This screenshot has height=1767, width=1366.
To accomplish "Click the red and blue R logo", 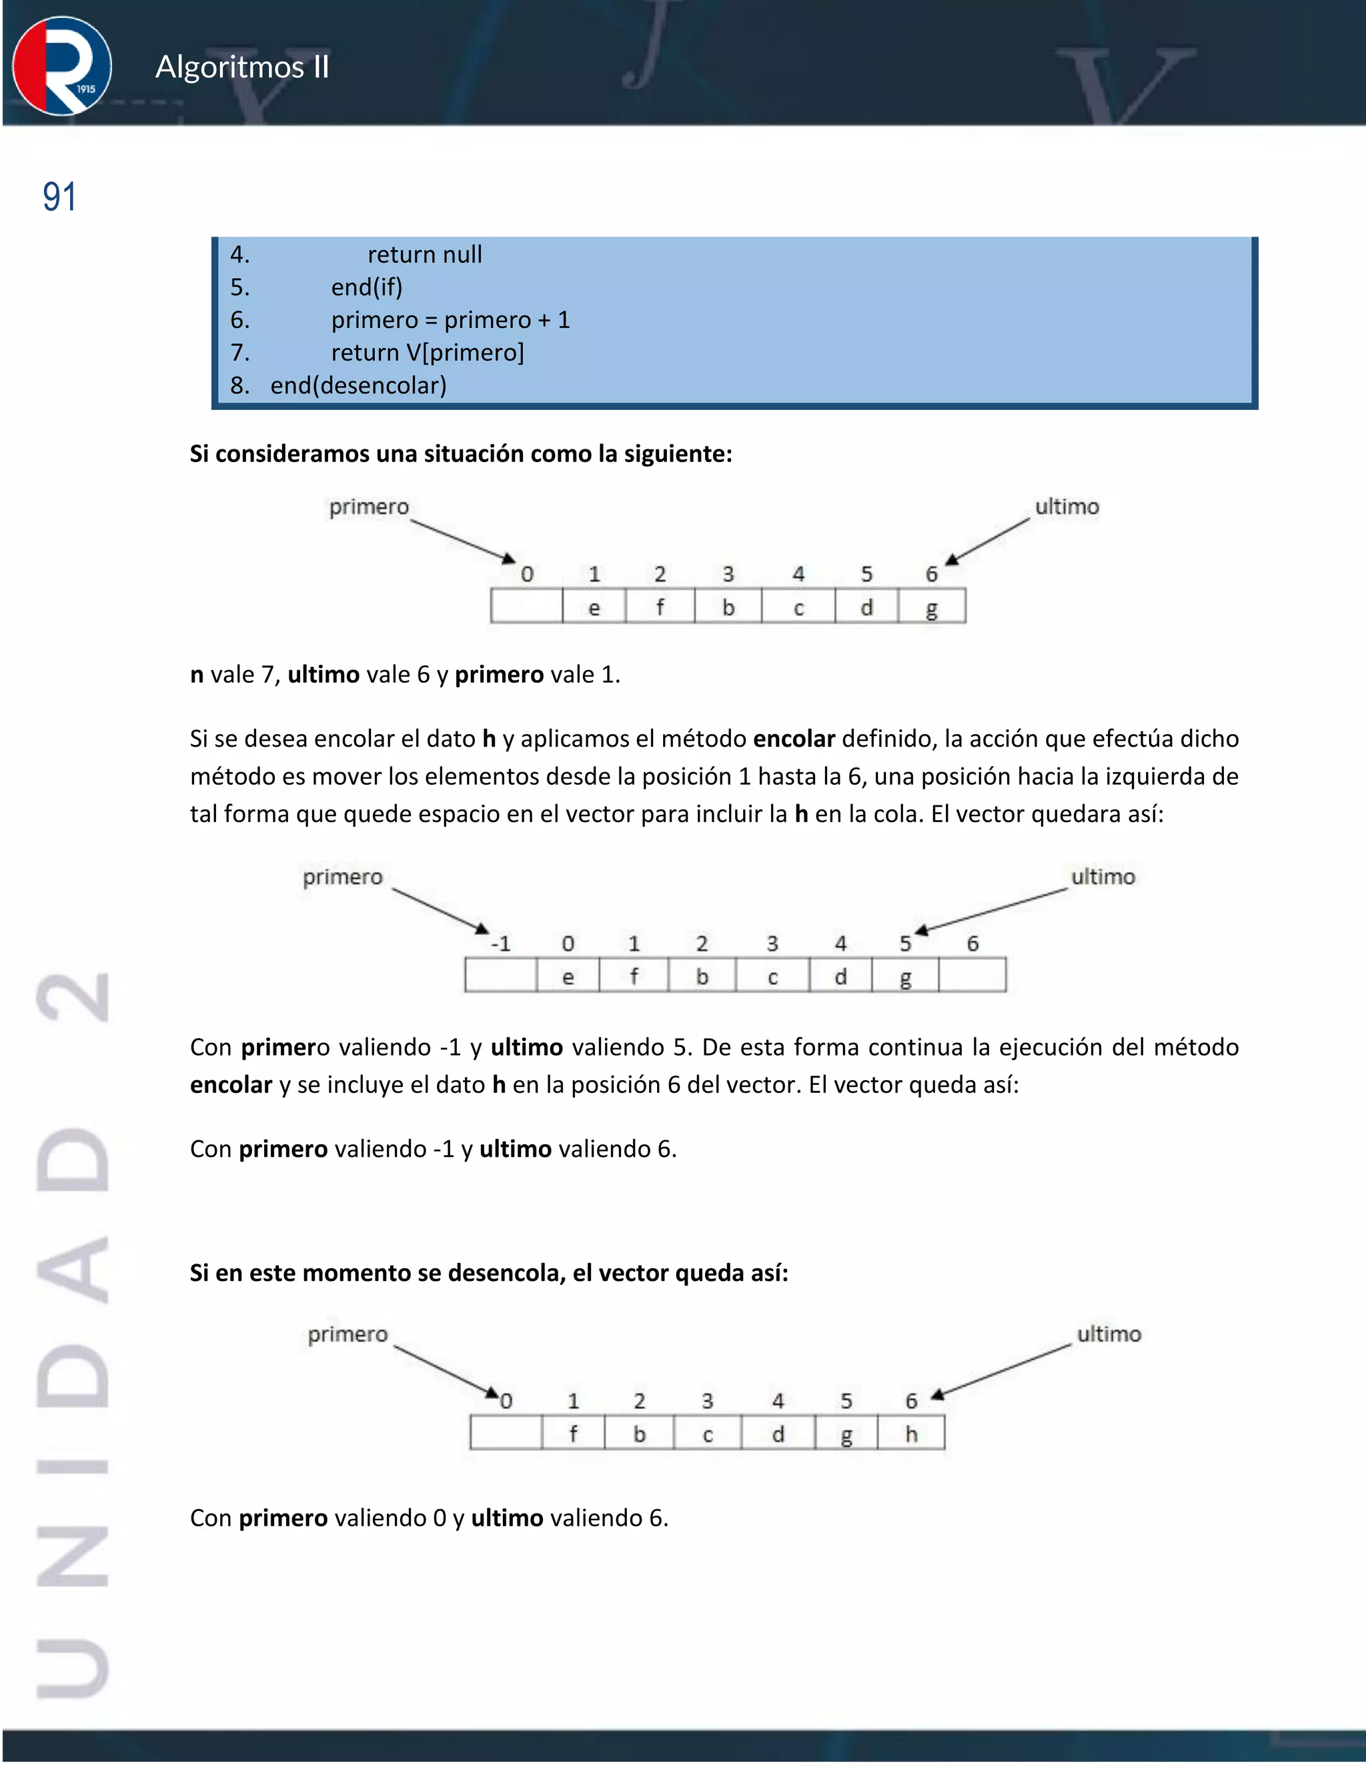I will (x=62, y=66).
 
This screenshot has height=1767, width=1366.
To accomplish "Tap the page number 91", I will (x=59, y=197).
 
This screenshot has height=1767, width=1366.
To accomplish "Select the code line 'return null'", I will (x=424, y=255).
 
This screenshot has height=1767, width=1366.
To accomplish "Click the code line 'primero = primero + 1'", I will (x=450, y=320).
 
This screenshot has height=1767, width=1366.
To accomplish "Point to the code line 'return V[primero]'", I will (x=428, y=353).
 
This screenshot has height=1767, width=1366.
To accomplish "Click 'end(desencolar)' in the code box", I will (x=358, y=386).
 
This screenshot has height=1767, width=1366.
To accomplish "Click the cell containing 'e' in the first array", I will (x=594, y=607).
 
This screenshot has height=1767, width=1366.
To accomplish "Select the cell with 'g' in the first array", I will (x=931, y=607).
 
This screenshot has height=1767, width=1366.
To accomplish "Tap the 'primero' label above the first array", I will (x=369, y=507).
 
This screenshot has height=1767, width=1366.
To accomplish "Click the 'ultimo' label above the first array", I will (x=1067, y=507).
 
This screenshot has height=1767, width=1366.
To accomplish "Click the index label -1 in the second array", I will (x=501, y=944).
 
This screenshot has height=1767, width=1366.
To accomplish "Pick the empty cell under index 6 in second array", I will (x=972, y=976).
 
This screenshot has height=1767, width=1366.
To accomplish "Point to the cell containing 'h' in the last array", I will (x=911, y=1434).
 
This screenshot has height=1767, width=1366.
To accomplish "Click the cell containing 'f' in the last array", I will (x=573, y=1434).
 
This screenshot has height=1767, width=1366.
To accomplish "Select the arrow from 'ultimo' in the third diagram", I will (x=1002, y=1372).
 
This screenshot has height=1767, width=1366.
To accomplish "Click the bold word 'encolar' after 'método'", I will (x=793, y=739).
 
